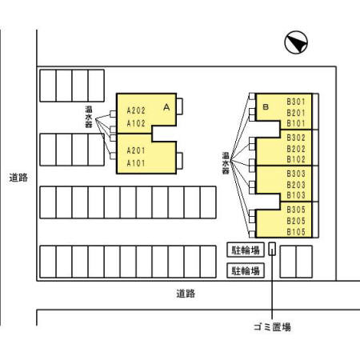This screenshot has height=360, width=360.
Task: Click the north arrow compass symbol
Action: [x=296, y=42]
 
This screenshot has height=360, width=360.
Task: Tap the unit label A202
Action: [x=136, y=110]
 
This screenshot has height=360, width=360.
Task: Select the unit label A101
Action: [x=136, y=163]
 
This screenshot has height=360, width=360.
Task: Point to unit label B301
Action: [x=296, y=102]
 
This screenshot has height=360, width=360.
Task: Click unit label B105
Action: [x=296, y=232]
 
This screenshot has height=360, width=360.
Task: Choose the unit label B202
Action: [x=296, y=149]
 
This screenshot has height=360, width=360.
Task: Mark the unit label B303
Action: [x=296, y=174]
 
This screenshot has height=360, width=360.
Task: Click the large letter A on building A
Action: [x=166, y=107]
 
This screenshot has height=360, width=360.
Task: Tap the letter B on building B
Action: [x=266, y=107]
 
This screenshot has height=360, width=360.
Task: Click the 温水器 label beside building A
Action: [x=89, y=117]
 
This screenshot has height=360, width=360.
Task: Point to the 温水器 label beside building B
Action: [x=226, y=163]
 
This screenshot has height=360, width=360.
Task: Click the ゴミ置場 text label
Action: [x=272, y=326]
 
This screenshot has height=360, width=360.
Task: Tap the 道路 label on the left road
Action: [x=18, y=178]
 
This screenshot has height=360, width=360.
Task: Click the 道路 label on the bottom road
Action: [x=186, y=294]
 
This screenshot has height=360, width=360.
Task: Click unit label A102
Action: [x=136, y=123]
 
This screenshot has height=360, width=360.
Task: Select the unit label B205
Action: [x=296, y=221]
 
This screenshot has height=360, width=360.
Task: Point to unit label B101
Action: [x=296, y=123]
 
